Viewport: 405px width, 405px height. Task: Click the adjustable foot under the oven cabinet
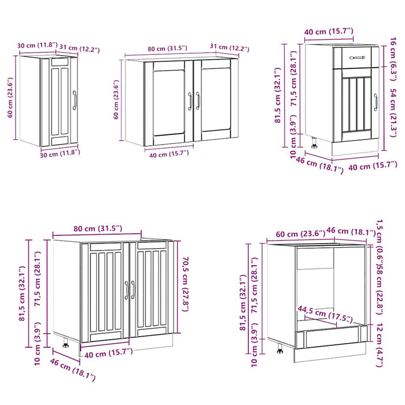click(281, 349)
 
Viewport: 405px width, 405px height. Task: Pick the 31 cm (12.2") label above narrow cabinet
click(80, 50)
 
